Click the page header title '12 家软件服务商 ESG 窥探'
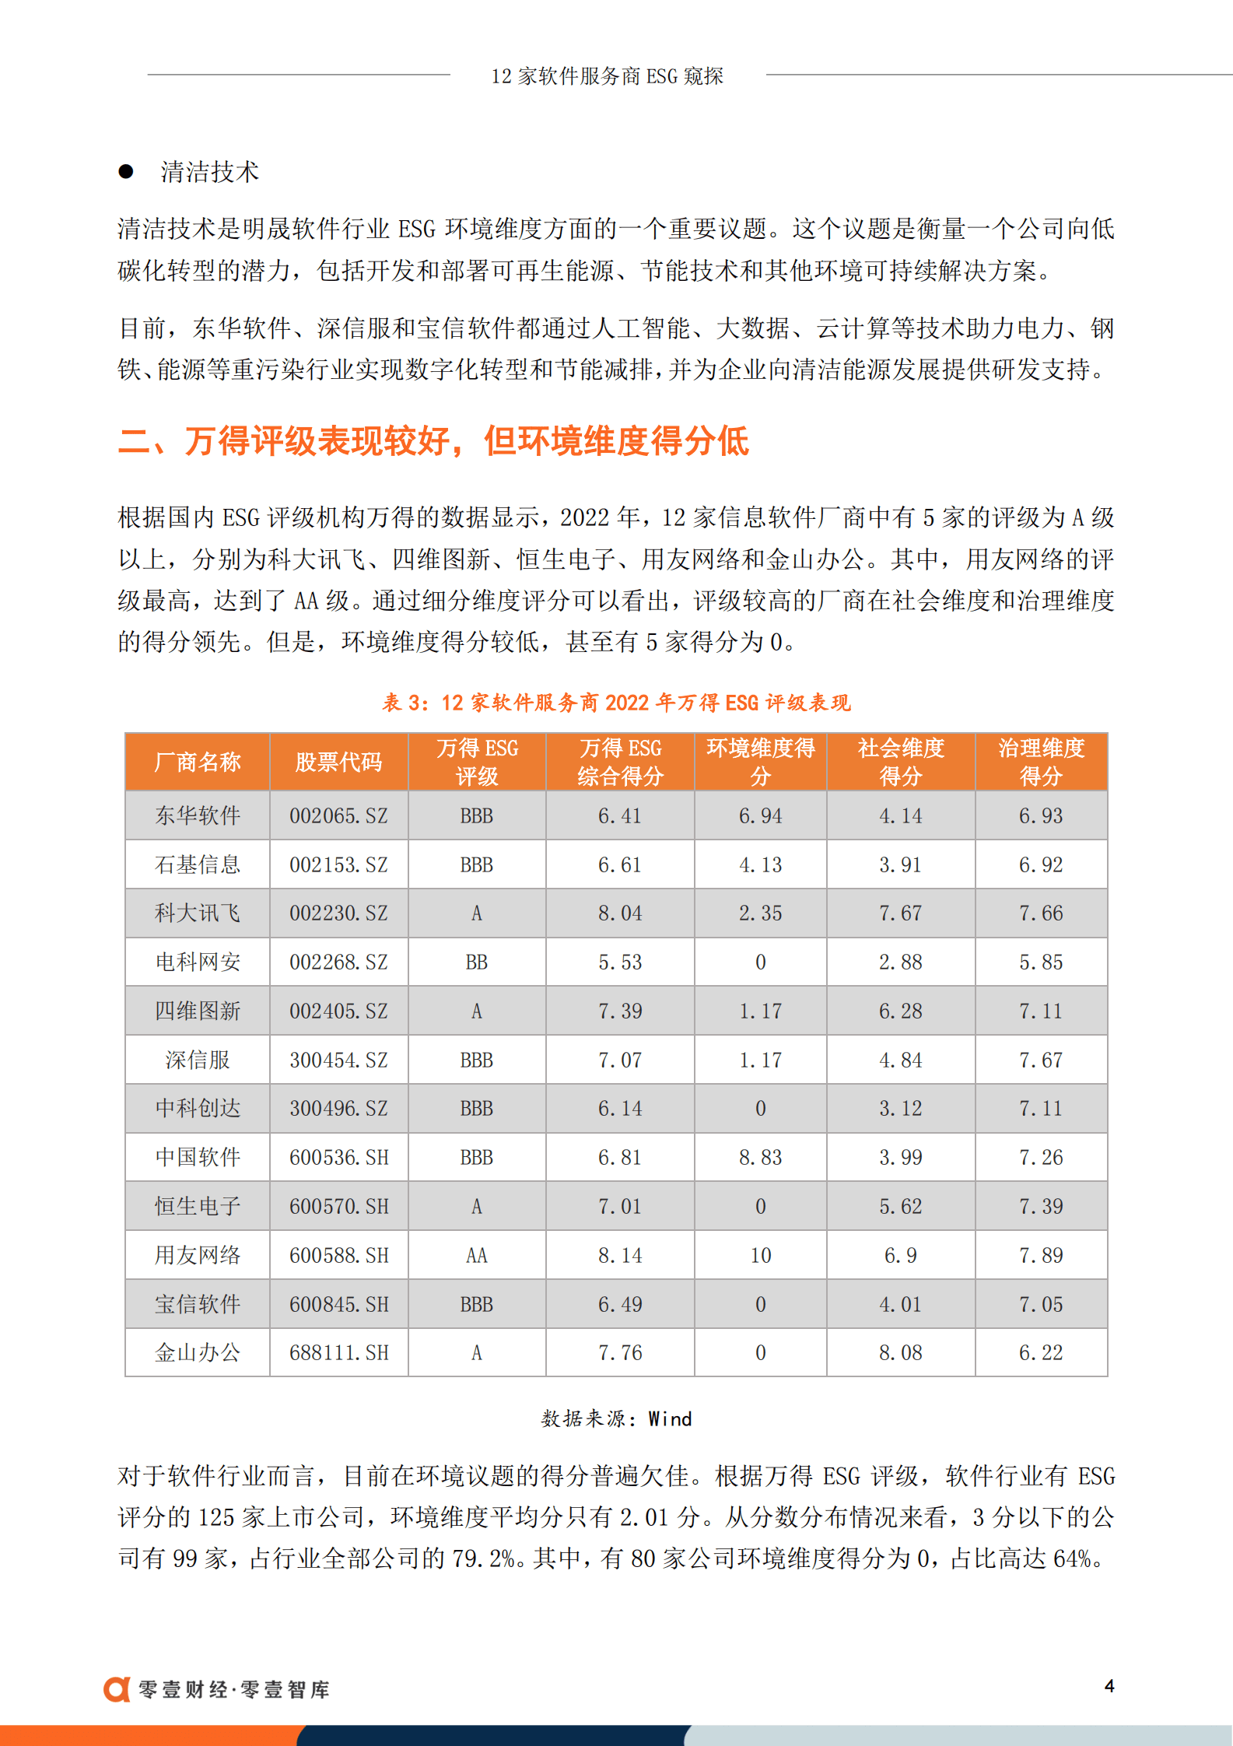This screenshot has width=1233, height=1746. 607,76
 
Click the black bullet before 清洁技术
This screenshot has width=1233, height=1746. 126,172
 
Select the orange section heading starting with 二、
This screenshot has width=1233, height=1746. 433,441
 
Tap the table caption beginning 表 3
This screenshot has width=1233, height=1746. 616,703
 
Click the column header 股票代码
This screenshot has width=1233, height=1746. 338,763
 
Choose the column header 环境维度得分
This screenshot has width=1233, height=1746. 760,763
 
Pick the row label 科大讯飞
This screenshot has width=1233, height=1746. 198,913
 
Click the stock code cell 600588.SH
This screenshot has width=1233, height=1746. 338,1255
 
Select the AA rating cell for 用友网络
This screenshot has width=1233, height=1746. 476,1255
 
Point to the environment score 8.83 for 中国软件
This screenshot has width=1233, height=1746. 760,1158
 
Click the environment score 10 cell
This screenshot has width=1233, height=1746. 760,1255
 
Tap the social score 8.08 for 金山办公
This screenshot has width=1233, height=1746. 900,1353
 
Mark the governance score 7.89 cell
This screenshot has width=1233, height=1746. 1040,1255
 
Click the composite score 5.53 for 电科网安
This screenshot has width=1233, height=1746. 619,962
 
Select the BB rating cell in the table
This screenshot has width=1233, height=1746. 476,962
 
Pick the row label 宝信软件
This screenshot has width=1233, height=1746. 198,1304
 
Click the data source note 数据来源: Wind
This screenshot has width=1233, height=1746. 616,1419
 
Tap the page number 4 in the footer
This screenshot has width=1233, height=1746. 1109,1686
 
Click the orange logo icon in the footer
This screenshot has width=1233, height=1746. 117,1689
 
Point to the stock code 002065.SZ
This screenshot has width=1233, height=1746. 338,816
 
